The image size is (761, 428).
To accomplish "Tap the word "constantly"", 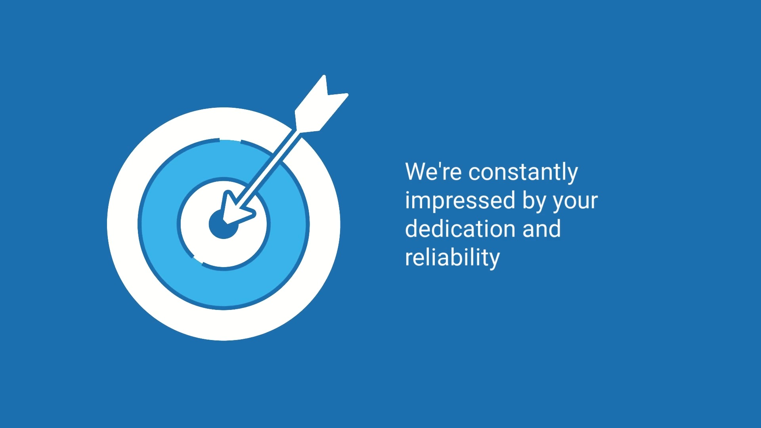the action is click(523, 173).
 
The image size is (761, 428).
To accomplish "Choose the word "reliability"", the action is click(452, 258).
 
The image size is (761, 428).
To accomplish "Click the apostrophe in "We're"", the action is click(439, 166).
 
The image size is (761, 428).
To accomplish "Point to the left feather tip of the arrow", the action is click(324, 76).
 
